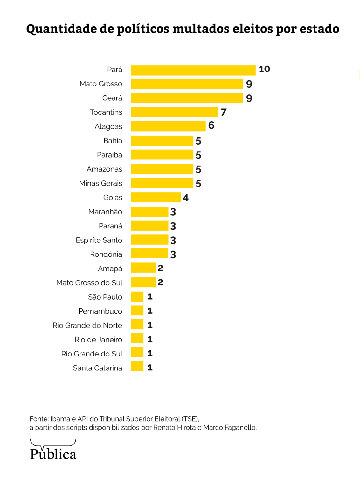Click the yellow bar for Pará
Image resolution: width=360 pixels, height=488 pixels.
coord(193,70)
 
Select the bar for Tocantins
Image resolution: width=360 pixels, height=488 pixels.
coord(174,112)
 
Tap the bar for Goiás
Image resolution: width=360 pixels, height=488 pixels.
coord(156,197)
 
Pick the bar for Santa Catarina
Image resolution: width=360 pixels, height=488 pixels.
coord(137,366)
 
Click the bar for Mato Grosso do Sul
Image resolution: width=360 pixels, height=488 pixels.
coord(143,282)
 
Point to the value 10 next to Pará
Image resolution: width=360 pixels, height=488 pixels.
coord(264,69)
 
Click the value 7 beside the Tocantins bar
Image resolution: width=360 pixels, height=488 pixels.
coord(224,112)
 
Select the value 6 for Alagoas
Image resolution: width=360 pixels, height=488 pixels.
coord(211,125)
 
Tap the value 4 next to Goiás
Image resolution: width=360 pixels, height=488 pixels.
coord(186,198)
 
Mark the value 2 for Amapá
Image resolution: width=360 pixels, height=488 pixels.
coord(160,268)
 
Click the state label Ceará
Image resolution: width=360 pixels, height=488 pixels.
coord(112,98)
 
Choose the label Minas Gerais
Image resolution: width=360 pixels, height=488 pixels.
coord(100,183)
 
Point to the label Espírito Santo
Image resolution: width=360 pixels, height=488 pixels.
coord(99,240)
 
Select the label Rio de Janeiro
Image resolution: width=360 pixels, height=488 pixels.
coord(98,340)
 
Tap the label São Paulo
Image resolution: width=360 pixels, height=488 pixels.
coord(105,297)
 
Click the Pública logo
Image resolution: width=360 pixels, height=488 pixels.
coord(53,451)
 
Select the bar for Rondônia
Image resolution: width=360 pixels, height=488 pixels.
coord(149,253)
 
